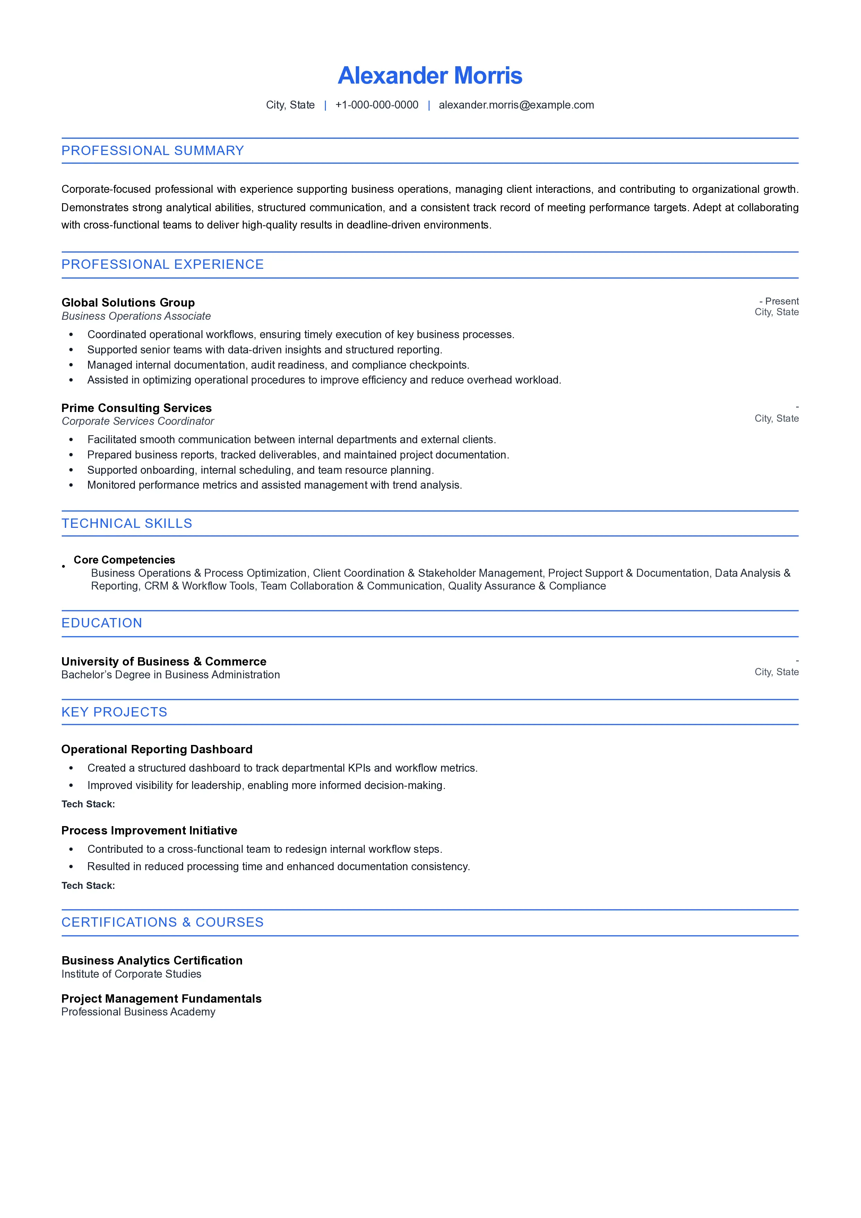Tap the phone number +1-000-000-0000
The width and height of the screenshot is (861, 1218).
377,105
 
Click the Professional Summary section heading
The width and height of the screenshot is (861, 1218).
153,151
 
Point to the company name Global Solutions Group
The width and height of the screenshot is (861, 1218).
128,302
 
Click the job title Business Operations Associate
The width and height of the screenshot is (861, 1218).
136,316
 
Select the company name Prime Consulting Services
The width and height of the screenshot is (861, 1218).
136,408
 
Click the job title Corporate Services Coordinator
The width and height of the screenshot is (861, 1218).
137,421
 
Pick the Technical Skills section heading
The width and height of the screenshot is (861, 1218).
127,524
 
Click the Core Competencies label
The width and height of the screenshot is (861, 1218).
124,560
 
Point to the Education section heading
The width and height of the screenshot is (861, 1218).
102,623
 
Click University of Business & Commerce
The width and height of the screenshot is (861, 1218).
164,661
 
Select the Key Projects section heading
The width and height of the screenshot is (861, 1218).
114,712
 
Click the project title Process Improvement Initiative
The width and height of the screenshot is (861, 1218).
149,830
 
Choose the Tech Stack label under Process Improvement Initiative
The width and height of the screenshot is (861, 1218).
88,885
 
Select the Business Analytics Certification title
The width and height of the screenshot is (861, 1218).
152,960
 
